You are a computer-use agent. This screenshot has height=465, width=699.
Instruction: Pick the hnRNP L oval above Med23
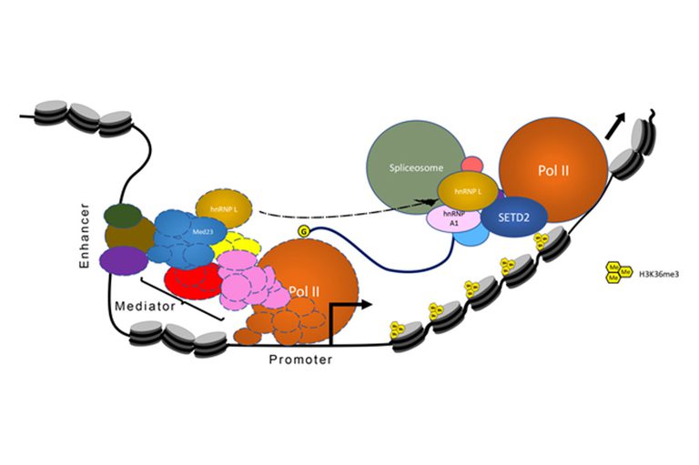223,207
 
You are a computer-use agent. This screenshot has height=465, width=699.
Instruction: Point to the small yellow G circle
303,234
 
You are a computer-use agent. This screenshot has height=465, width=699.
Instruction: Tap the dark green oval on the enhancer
123,216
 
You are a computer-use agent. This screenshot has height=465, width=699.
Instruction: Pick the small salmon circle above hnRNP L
471,165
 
